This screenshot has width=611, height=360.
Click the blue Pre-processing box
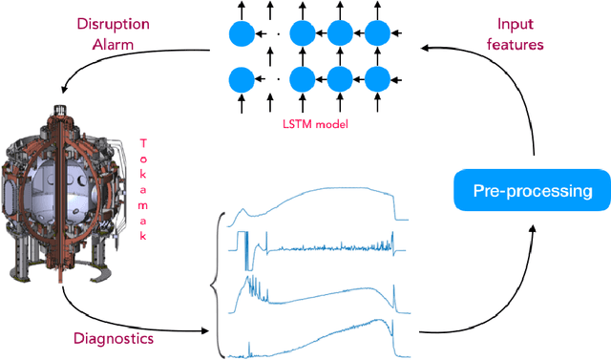(x=533, y=192)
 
